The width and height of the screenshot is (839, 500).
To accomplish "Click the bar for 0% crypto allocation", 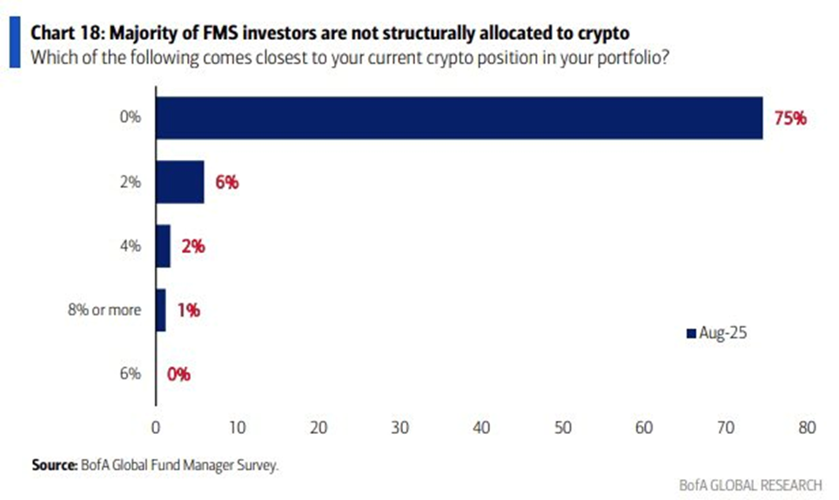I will click(459, 117).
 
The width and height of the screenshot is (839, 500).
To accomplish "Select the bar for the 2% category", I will click(179, 183).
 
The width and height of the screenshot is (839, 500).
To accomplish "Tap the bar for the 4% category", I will click(163, 246).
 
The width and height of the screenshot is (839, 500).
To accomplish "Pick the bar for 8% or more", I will click(160, 310).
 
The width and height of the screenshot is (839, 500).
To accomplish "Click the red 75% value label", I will click(789, 118).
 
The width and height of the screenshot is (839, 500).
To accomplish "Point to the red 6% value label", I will click(226, 183).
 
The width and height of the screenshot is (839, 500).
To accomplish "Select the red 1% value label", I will click(189, 310).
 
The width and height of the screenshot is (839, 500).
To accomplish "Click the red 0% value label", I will click(178, 374).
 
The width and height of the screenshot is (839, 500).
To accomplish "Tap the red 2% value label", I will click(193, 247).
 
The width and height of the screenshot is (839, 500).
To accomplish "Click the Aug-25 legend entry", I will click(717, 333).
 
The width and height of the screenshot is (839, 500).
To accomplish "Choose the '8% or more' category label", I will click(105, 310).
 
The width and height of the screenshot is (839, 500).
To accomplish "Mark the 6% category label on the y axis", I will click(130, 374).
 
